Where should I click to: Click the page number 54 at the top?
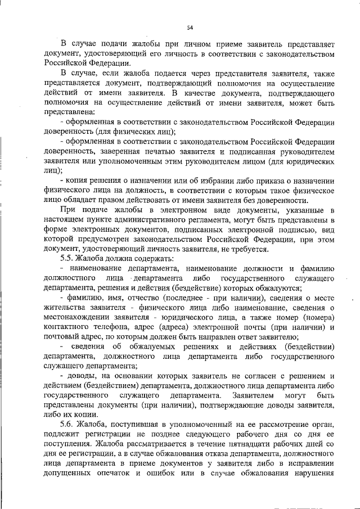point(190,28)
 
